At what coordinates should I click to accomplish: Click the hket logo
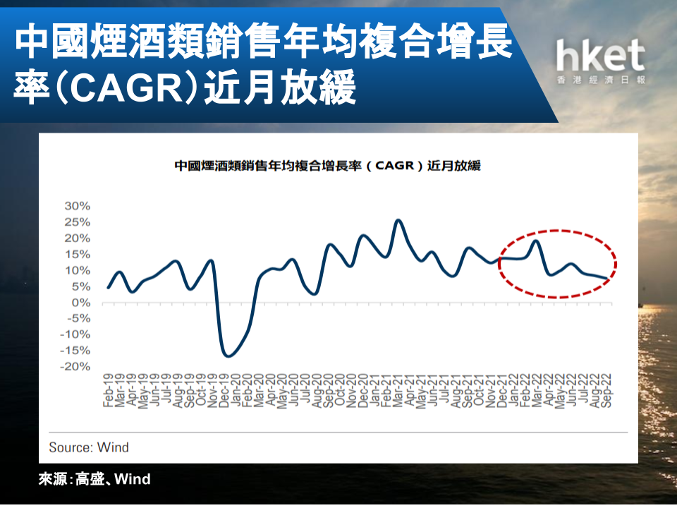tap(601, 61)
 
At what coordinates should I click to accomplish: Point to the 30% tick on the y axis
tap(78, 206)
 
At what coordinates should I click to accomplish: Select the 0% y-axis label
tap(80, 303)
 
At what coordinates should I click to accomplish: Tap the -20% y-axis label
tap(75, 367)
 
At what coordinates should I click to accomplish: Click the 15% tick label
tap(78, 255)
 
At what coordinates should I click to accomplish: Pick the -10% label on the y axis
tap(75, 334)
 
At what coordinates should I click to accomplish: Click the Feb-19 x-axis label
tap(108, 390)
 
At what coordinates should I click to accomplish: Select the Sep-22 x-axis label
tap(606, 390)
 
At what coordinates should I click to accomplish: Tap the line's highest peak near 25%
tap(398, 221)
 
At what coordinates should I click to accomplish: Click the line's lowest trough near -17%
tap(228, 356)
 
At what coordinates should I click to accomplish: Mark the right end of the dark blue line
tap(606, 279)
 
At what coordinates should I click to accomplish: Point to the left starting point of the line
tap(108, 288)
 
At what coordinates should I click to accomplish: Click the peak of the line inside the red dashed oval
tap(536, 241)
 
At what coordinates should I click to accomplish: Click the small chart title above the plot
tap(328, 165)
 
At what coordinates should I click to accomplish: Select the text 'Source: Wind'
tap(89, 447)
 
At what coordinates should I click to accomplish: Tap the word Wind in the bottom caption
tap(133, 479)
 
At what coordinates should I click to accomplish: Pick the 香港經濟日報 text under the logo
tap(601, 80)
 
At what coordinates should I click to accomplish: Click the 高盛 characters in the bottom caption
tap(90, 479)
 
